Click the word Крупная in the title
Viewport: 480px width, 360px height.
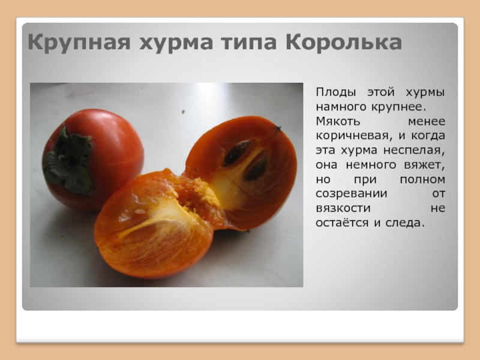point(79,42)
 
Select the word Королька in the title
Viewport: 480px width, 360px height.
point(343,41)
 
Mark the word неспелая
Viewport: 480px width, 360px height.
point(414,151)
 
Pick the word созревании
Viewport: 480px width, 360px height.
point(352,194)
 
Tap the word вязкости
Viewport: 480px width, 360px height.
point(343,208)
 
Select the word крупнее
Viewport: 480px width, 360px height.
point(398,107)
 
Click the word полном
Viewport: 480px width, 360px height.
point(422,179)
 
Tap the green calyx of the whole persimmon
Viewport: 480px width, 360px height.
point(68,161)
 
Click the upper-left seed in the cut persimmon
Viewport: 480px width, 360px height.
point(237,152)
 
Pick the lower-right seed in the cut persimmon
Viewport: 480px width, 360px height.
point(257,169)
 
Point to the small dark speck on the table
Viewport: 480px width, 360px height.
point(184,112)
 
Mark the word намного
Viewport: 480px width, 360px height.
point(341,107)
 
